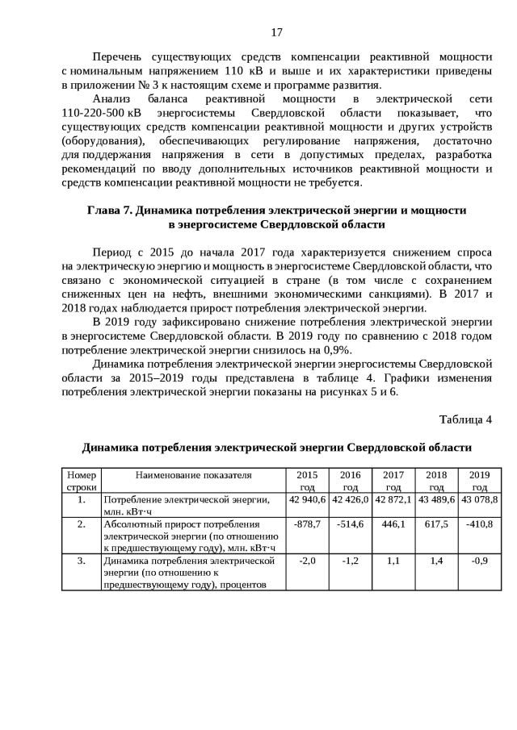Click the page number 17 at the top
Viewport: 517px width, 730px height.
tap(276, 32)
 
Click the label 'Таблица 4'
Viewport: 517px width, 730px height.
tap(464, 419)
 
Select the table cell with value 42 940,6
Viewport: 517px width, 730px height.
tap(307, 500)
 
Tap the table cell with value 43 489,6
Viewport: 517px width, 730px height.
tap(436, 500)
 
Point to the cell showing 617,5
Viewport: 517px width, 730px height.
tap(436, 524)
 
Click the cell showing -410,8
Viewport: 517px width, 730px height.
tap(479, 524)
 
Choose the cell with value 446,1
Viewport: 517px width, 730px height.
tap(393, 524)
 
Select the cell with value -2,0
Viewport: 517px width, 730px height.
tap(307, 561)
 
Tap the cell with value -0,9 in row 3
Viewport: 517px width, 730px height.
tap(479, 561)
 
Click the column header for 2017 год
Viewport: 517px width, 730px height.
tap(393, 481)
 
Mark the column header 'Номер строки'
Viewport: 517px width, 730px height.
tap(81, 481)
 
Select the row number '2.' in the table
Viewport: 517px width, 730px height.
tap(81, 524)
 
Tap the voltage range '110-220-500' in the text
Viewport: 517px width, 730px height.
tap(92, 112)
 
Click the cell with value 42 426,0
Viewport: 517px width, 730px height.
tap(350, 500)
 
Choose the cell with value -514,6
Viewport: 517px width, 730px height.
tap(350, 524)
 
